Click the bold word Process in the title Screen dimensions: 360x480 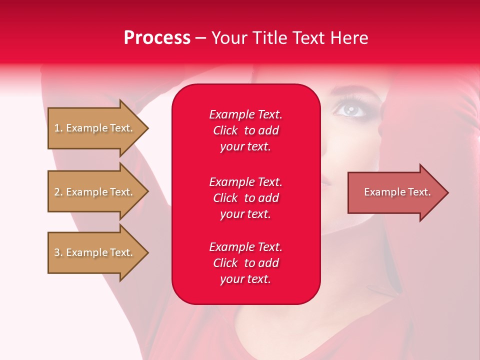coord(157,38)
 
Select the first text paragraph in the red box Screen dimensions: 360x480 coord(245,130)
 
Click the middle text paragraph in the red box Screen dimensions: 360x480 coord(245,197)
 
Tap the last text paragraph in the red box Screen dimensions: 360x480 coord(245,263)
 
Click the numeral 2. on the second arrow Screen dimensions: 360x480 coord(58,192)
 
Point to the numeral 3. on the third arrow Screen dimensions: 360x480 coord(58,252)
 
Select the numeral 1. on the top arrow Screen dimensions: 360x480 coord(58,128)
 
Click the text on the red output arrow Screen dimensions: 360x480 coord(397,192)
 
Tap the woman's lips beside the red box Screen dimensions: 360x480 coord(325,183)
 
